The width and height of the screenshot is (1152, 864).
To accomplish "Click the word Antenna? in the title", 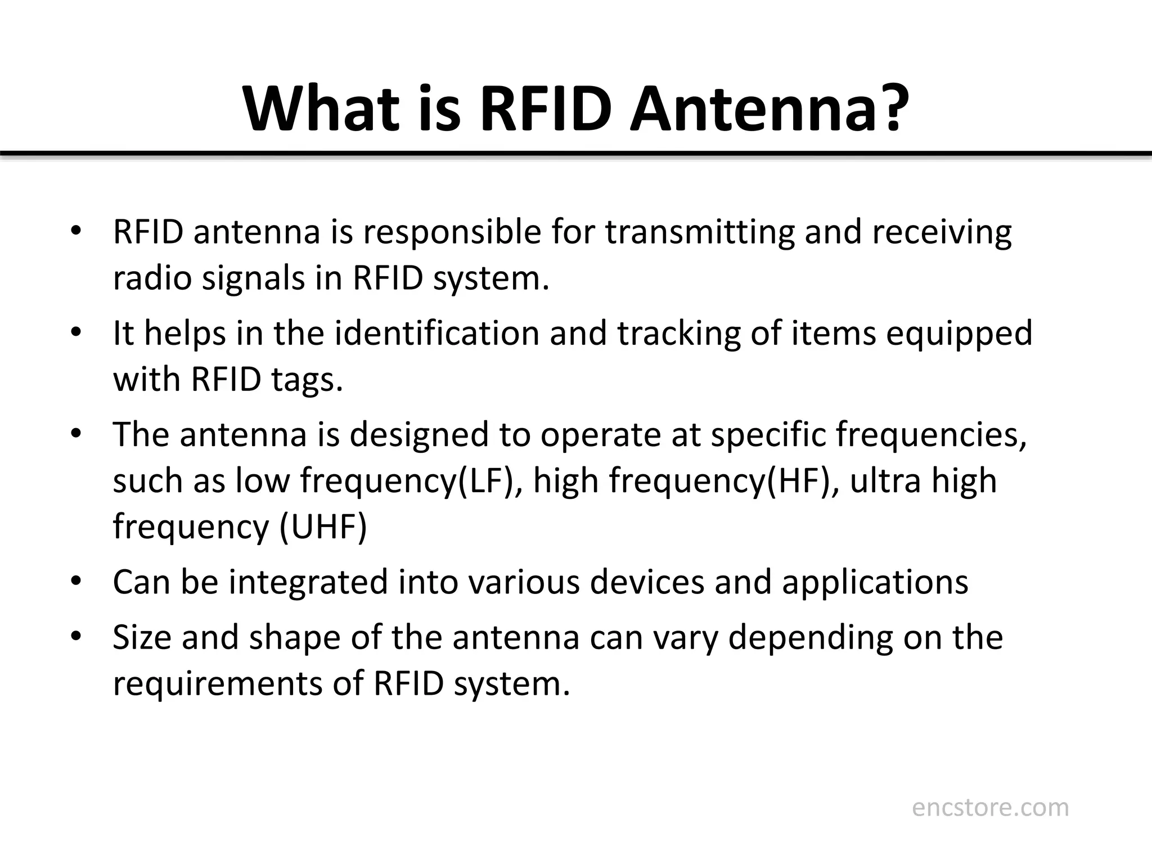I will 768,108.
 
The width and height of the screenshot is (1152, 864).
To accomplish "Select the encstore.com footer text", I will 990,808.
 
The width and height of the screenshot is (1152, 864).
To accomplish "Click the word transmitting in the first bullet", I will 700,232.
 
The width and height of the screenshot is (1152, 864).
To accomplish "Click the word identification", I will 436,333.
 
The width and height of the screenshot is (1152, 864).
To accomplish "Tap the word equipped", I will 960,333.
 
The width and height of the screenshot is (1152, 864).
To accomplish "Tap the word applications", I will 875,582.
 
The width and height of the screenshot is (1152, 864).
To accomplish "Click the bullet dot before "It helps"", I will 76,331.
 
